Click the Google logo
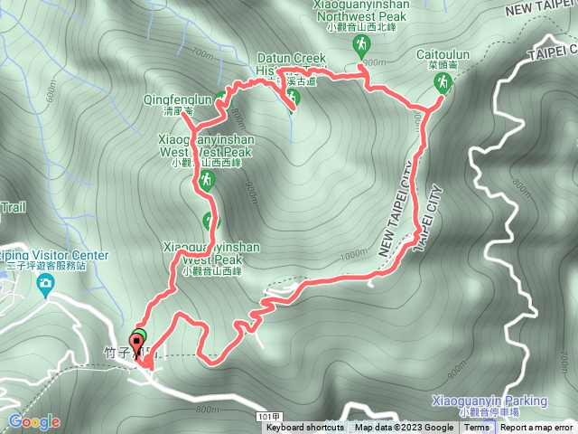[x=34, y=421]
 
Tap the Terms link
[x=477, y=428]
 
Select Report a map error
[x=538, y=428]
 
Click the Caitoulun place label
[x=442, y=55]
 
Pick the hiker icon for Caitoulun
[x=443, y=82]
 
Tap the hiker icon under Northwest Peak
[x=362, y=44]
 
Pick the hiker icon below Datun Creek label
[x=292, y=97]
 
